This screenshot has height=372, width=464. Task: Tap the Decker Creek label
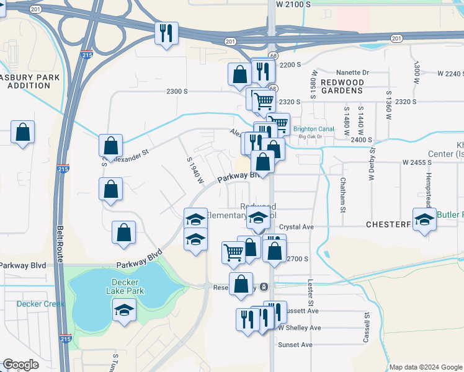pos(37,304)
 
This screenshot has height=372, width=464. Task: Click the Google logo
pos(20,365)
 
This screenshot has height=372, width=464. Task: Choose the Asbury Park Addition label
pos(29,81)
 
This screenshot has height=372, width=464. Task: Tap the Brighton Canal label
pos(313,130)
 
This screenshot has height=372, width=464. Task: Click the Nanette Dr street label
pos(352,72)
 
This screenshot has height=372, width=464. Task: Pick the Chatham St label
pos(342,195)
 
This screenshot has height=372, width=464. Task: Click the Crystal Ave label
pos(297,228)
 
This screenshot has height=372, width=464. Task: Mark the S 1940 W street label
pos(195,169)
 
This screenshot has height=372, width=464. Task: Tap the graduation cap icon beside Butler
pos(424,221)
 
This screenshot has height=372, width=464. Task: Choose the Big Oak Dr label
pos(311,136)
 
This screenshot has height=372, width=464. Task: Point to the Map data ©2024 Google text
pos(425,367)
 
